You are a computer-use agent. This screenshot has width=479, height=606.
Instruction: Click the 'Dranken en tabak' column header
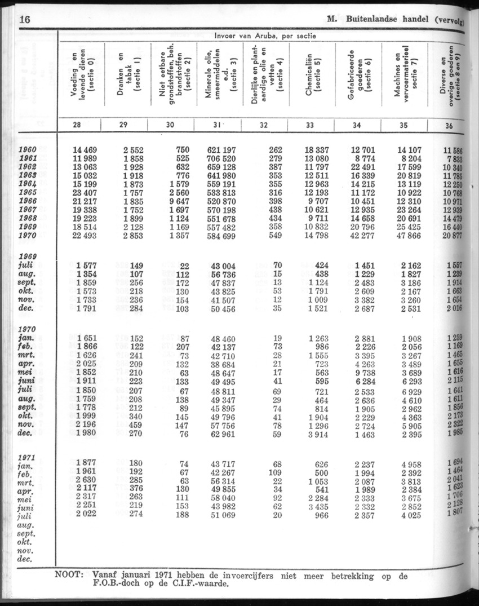point(125,74)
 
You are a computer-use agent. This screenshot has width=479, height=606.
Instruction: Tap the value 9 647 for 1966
point(176,201)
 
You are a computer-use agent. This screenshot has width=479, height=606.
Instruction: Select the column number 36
point(449,126)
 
